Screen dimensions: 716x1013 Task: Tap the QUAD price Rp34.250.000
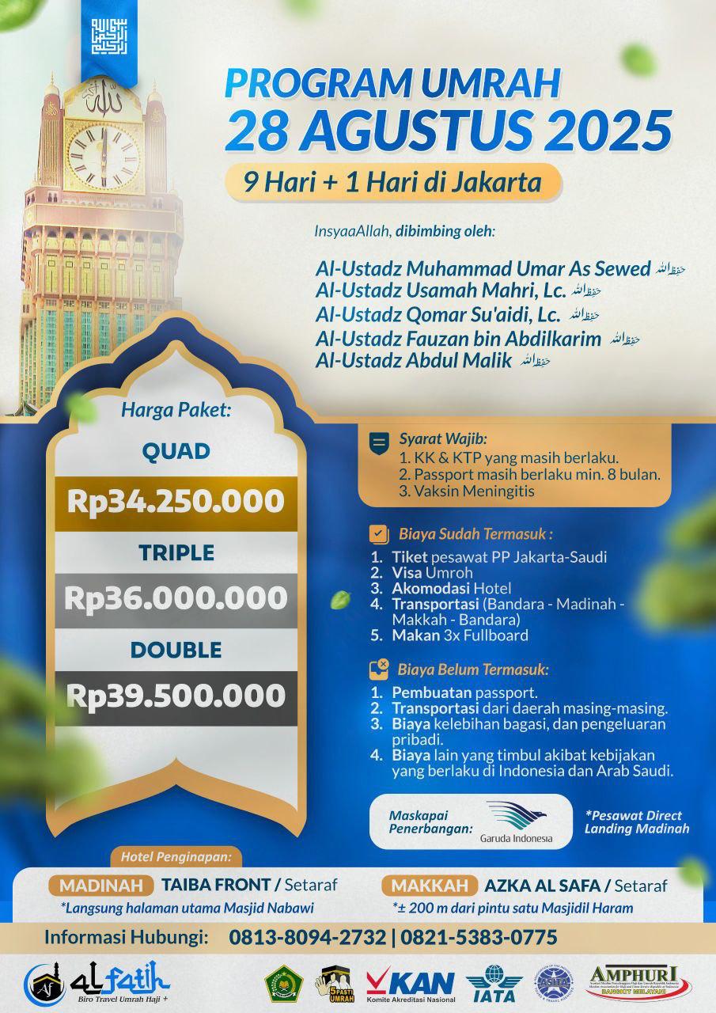(x=175, y=500)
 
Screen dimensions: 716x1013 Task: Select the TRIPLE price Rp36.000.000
(x=175, y=598)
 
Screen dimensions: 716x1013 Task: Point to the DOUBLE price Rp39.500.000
(x=175, y=696)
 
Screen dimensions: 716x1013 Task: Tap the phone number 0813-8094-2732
(x=308, y=938)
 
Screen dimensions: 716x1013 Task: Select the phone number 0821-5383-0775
(x=479, y=938)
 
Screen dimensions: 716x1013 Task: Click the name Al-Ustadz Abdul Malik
(x=413, y=361)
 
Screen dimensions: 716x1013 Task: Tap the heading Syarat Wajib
(x=442, y=438)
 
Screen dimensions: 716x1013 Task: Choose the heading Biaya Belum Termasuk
(x=473, y=670)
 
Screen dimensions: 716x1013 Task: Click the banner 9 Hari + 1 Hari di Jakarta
(x=393, y=183)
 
